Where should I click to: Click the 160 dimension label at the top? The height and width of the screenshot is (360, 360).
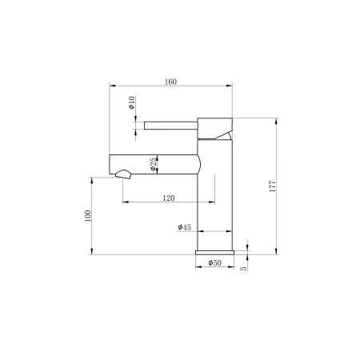click(x=170, y=81)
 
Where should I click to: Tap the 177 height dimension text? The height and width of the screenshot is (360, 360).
click(x=273, y=186)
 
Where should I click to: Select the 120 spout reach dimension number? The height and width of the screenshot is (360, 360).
click(x=169, y=198)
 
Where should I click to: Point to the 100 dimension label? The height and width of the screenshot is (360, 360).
click(x=88, y=215)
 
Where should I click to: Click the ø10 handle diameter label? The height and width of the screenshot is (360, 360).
click(x=132, y=103)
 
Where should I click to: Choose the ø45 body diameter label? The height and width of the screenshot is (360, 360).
click(x=183, y=228)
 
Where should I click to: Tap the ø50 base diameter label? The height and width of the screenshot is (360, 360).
click(x=214, y=262)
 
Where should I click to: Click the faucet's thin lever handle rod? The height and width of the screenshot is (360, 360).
click(x=170, y=124)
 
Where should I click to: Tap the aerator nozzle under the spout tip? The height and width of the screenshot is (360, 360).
click(x=123, y=172)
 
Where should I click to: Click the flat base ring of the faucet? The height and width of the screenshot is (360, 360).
click(x=214, y=251)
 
